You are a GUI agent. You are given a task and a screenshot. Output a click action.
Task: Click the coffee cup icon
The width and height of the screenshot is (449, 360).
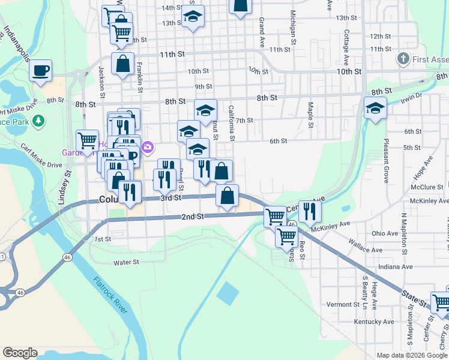pyautogui.click(x=41, y=70)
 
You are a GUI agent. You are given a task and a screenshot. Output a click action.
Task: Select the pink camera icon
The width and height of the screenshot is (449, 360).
pyautogui.click(x=148, y=146)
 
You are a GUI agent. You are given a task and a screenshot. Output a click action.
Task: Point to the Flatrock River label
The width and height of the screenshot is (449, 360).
pyautogui.click(x=111, y=295)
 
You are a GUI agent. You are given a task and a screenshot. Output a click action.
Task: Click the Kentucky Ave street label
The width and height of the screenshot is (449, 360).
pyautogui.click(x=376, y=322)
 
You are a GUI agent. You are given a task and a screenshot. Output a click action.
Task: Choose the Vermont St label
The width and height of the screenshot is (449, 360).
pyautogui.click(x=343, y=304)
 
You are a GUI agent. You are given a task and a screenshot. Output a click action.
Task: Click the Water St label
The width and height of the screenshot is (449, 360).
pyautogui.click(x=127, y=262)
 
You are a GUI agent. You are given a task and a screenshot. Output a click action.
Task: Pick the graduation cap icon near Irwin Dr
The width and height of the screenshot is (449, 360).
pyautogui.click(x=376, y=109)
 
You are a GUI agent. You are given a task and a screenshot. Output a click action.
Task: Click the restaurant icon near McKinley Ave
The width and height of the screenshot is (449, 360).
pyautogui.click(x=310, y=211)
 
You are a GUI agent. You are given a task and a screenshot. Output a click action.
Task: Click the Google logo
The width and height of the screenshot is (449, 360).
pyautogui.click(x=20, y=353)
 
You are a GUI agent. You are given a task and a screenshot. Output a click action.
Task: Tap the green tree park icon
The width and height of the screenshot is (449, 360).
pyautogui.click(x=39, y=121)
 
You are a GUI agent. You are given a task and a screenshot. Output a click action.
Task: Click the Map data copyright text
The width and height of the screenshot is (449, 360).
pyautogui.click(x=411, y=355)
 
